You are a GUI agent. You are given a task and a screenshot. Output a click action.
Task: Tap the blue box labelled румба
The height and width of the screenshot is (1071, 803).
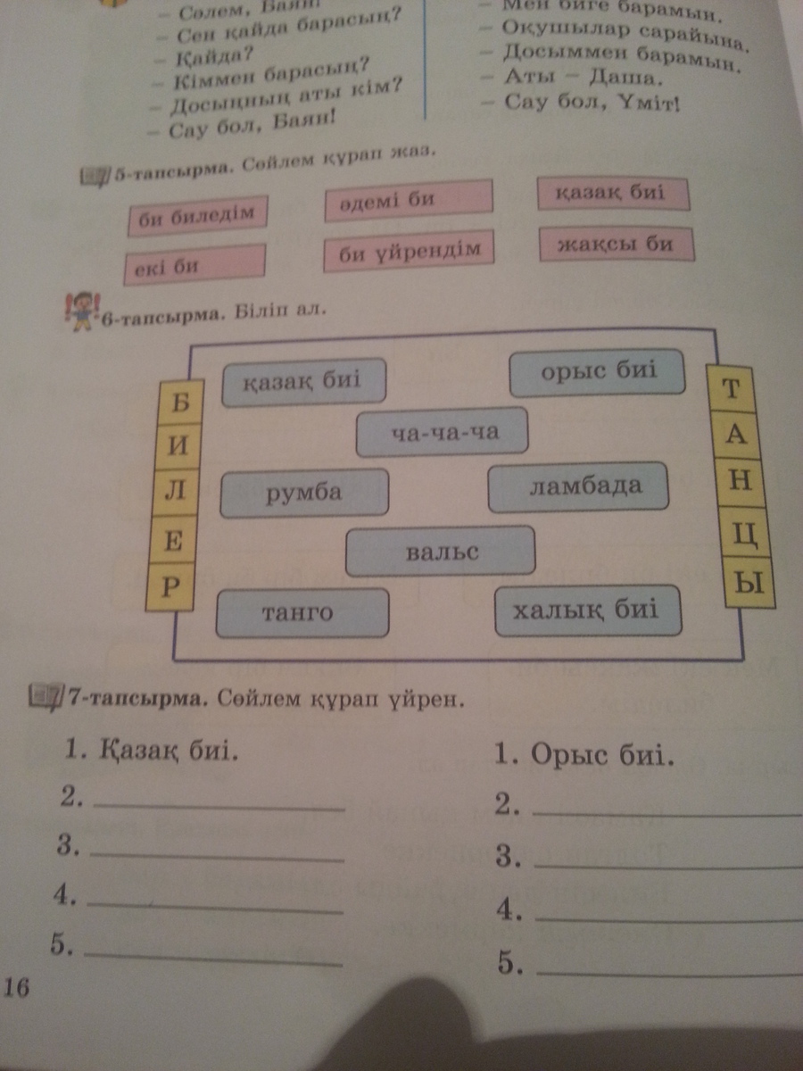pos(304,492)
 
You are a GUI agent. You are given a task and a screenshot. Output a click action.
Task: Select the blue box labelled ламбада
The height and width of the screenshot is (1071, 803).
pos(579,486)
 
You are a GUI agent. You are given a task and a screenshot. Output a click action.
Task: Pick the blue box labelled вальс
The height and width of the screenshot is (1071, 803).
pos(441,551)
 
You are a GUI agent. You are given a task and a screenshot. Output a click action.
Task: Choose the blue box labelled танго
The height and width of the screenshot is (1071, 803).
pos(302,612)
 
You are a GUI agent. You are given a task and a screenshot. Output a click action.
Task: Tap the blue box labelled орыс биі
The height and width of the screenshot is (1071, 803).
pos(597,373)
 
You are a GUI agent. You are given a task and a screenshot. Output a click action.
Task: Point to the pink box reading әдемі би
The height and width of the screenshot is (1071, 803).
pos(408,201)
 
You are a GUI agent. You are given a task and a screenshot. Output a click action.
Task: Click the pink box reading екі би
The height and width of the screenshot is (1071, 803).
pos(195,265)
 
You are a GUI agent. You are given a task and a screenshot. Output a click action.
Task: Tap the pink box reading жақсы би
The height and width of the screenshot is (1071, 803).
pos(617,243)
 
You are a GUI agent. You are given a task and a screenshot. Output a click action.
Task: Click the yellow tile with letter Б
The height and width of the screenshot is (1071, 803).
pos(176,403)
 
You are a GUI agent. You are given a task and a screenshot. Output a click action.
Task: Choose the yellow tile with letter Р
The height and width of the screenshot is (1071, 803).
pos(171,586)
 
